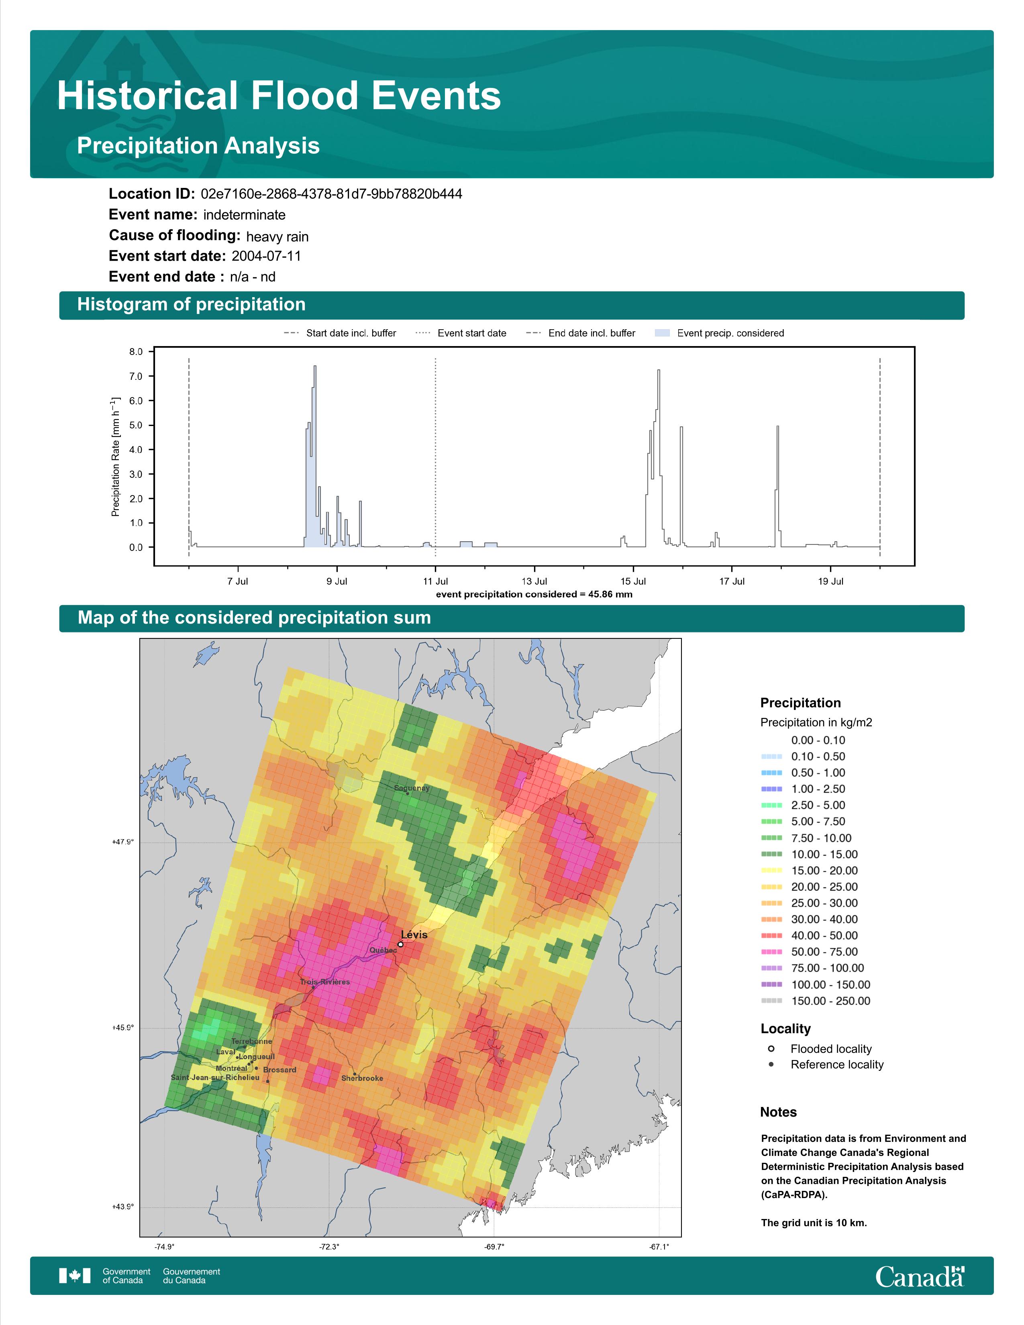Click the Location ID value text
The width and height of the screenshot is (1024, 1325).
point(331,194)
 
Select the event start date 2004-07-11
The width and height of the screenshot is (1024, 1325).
point(266,256)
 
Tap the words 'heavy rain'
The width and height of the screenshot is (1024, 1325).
point(277,236)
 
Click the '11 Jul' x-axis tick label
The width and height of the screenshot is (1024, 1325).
point(436,581)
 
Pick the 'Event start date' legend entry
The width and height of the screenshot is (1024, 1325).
point(461,333)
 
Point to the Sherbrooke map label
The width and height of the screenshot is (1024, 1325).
point(362,1078)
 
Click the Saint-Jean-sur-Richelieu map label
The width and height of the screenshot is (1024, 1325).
point(215,1078)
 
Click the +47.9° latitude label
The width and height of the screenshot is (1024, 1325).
point(122,842)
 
